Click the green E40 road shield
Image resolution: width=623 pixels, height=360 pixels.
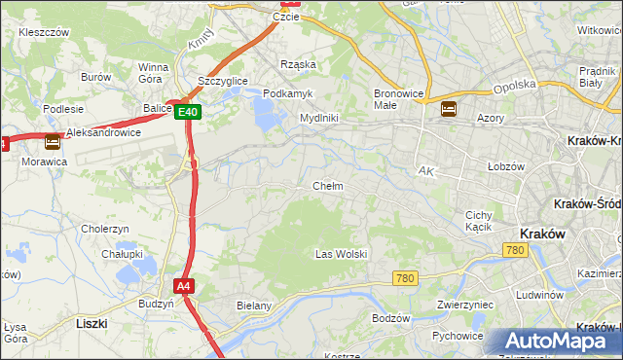(189, 113)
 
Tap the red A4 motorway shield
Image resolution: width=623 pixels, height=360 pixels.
(184, 285)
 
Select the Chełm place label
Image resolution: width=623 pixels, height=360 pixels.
(327, 186)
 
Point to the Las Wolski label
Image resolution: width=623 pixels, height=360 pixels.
(341, 254)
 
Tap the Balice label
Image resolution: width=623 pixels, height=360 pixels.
(156, 108)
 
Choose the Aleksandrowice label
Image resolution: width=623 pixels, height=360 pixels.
(104, 132)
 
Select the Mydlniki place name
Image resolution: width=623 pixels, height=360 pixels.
(318, 118)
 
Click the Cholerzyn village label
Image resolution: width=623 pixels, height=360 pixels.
(106, 229)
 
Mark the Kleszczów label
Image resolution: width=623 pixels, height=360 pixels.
(44, 32)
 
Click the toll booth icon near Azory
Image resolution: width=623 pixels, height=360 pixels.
(449, 109)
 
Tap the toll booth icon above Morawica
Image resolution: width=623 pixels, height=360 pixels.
(53, 141)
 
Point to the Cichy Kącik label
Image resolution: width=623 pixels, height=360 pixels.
(480, 220)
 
